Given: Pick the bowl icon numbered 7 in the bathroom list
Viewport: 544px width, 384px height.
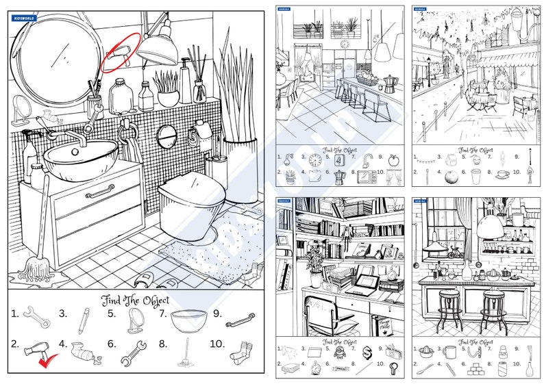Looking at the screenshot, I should click(x=188, y=319).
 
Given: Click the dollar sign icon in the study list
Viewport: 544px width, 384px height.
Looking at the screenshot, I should click(x=367, y=353).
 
